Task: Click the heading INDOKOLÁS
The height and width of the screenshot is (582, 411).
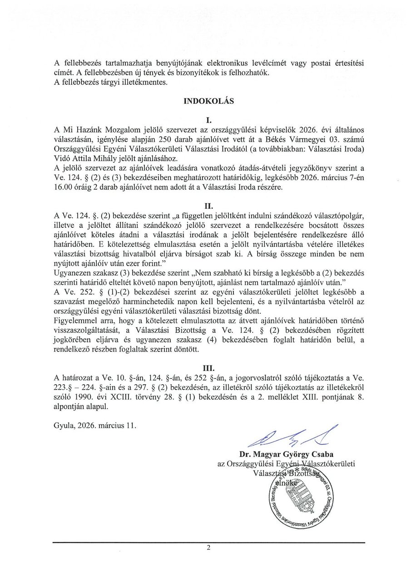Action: tap(208, 102)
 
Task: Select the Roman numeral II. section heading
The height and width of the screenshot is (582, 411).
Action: tap(208, 205)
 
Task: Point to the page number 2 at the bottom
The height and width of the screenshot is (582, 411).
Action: tap(208, 548)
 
